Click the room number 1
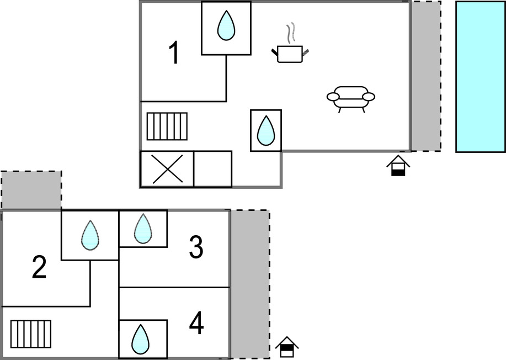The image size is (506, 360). point(174,54)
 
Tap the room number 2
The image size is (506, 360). point(39,268)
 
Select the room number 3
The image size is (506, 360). point(196,247)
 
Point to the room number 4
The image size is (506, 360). point(196,324)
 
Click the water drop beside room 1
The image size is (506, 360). point(226,26)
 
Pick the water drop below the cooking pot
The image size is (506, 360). point(266,130)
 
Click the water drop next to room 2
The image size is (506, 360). point(89,235)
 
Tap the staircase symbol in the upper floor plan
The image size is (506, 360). point(167,126)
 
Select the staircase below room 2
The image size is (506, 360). point(31,334)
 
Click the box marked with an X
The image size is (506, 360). point(167,169)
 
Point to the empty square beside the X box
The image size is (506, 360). point(212,169)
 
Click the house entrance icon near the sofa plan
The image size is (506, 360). point(398,166)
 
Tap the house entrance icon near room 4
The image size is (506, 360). point(287,347)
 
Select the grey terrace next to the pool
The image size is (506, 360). point(425,76)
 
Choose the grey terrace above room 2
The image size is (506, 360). point(31,190)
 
